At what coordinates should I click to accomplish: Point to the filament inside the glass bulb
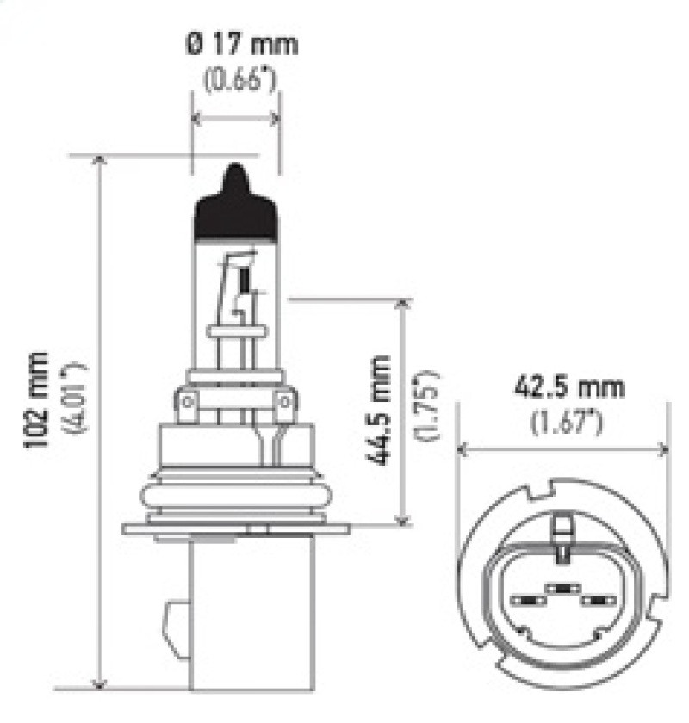(x=244, y=281)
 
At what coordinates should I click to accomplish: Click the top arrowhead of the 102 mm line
(x=102, y=162)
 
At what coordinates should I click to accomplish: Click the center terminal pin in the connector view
(x=562, y=589)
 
